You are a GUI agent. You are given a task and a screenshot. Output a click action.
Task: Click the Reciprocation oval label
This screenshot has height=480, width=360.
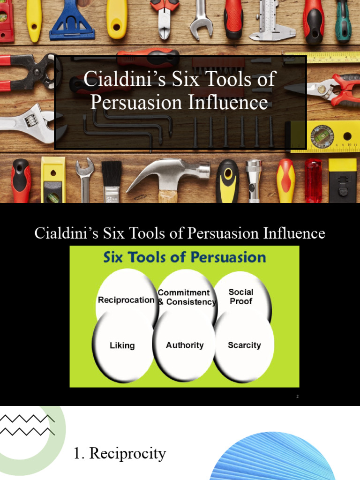126,300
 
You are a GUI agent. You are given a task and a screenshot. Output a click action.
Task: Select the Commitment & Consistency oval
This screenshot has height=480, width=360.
187,297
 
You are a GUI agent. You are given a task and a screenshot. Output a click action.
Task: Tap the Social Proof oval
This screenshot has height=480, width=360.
241,297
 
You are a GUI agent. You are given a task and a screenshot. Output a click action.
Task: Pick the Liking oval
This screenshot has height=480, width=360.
122,346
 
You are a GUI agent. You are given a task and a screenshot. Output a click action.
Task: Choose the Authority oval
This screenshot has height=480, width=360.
185,345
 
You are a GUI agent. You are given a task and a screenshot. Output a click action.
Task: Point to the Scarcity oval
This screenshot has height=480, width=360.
244,345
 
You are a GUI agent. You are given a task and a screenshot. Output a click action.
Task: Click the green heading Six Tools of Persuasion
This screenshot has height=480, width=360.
184,257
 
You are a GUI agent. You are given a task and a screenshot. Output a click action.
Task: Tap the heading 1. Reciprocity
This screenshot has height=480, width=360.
120,453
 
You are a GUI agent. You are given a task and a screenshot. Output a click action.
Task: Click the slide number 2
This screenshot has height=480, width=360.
297,397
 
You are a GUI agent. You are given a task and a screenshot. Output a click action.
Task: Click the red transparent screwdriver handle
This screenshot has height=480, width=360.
313,180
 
